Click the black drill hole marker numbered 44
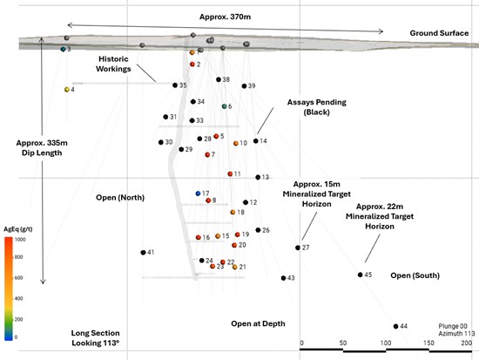tap(395, 326)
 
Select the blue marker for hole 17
tap(198, 194)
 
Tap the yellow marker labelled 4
tap(67, 90)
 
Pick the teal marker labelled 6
tap(224, 106)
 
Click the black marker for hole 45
tap(361, 275)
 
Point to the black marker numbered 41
tap(143, 253)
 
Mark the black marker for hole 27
tap(298, 248)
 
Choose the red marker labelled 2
tap(192, 65)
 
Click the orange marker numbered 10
tap(235, 144)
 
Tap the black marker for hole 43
tap(284, 278)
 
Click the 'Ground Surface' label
tap(439, 33)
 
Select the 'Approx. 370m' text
tap(226, 17)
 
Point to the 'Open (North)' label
tap(120, 198)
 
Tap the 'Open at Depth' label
tap(258, 323)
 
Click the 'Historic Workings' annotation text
tap(113, 64)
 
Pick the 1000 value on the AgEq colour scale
tap(20, 240)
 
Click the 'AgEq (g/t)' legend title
tap(18, 229)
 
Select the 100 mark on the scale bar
tap(386, 343)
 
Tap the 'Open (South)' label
tap(415, 275)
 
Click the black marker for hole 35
tap(175, 85)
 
